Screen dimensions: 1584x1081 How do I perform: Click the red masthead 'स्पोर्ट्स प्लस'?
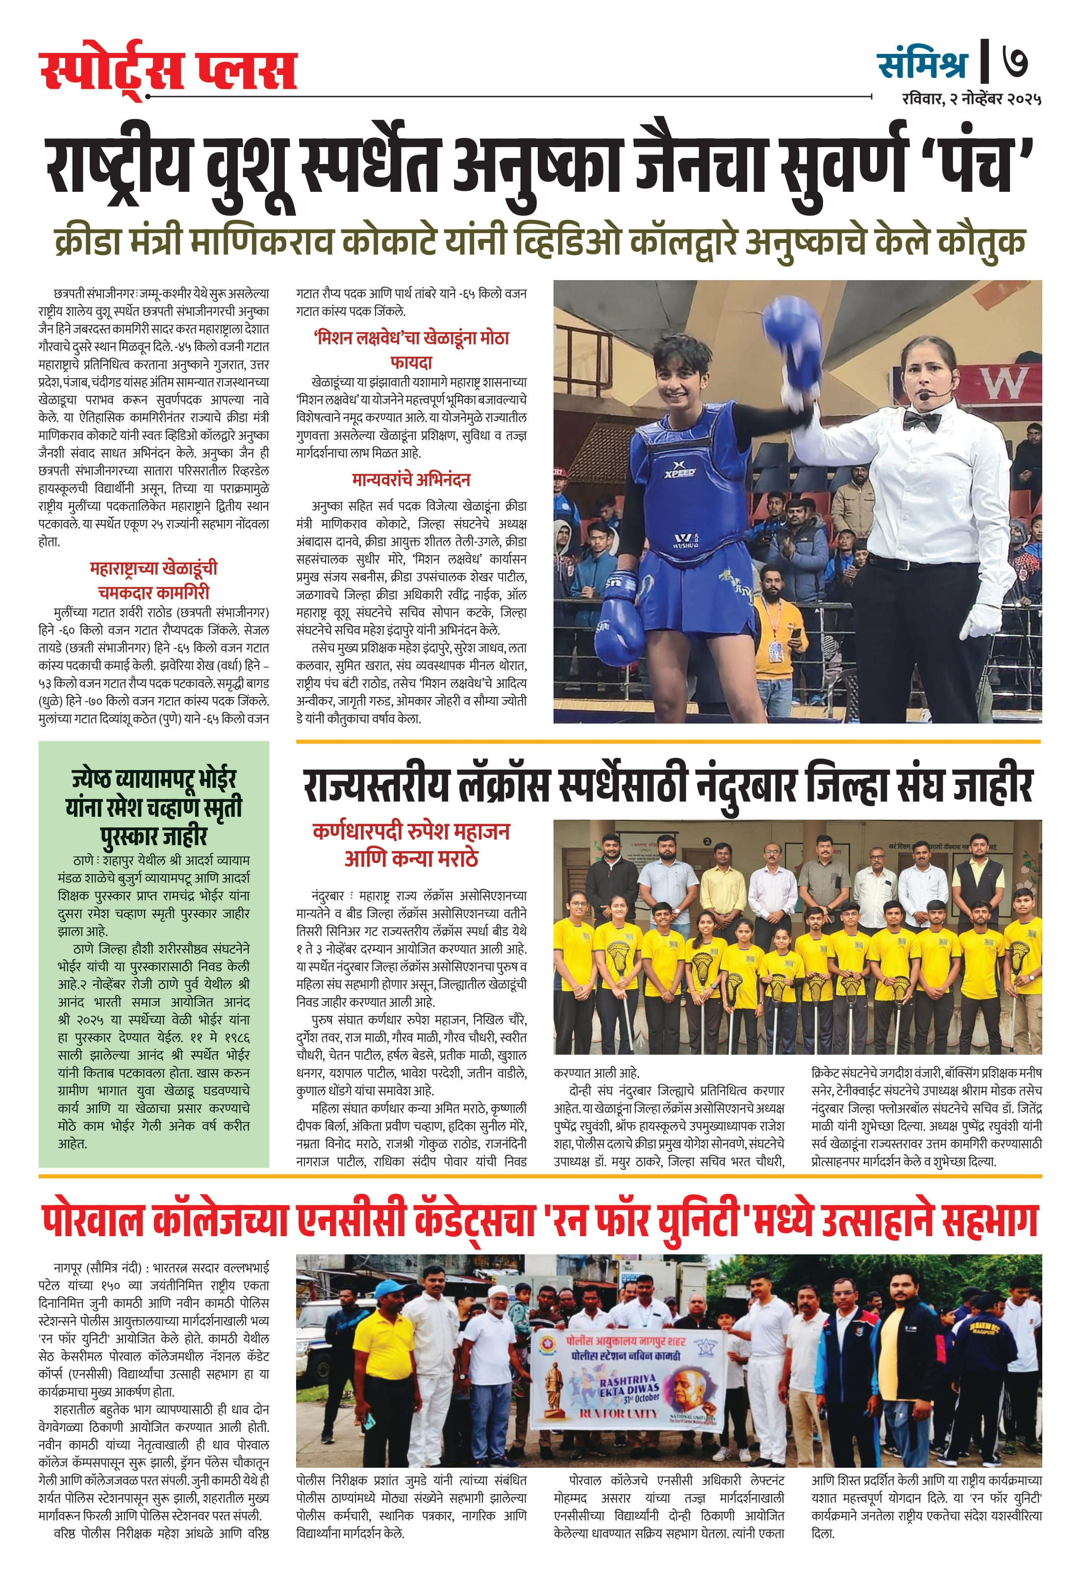point(168,70)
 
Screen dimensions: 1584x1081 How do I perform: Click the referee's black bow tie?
point(922,420)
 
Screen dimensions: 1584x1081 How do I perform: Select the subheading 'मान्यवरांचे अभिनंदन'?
point(411,480)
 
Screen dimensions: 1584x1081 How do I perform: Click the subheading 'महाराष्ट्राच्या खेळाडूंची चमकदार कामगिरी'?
point(153,580)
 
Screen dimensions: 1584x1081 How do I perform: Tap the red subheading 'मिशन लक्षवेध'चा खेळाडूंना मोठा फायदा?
point(411,349)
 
